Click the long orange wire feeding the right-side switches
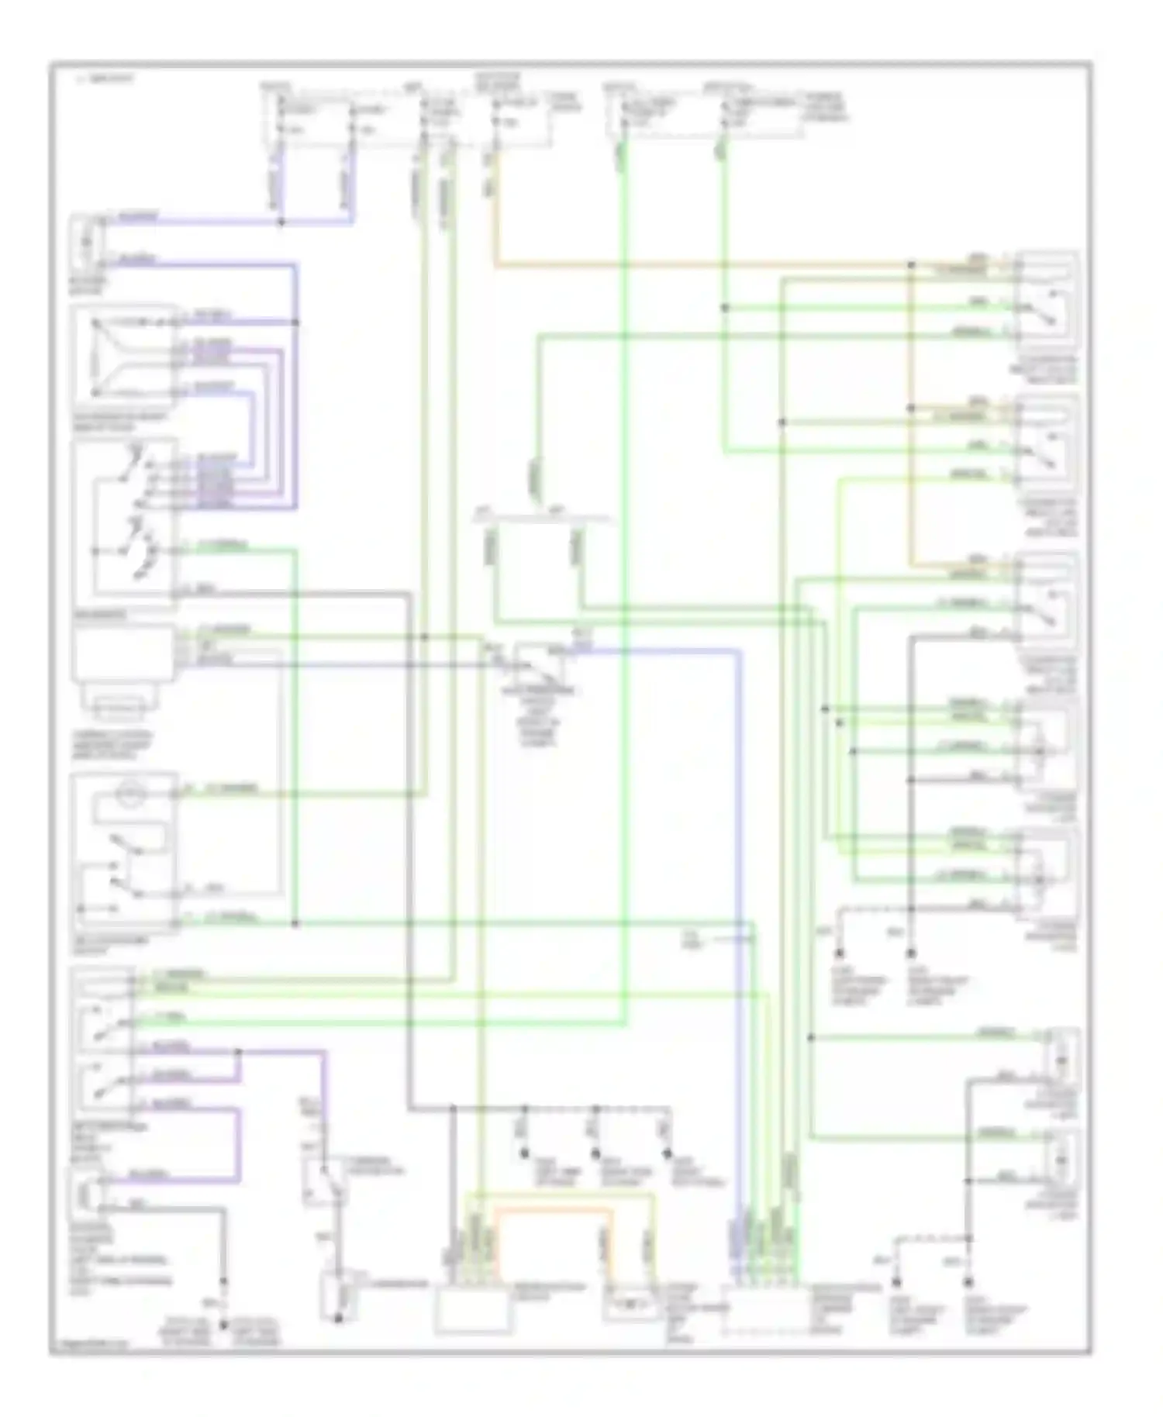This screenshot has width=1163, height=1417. point(698,265)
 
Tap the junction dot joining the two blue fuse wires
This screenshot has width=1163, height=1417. point(281,222)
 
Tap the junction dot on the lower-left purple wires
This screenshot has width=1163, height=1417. point(238,1053)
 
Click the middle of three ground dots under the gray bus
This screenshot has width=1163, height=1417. point(596,1153)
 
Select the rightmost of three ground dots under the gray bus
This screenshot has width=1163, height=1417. point(667,1153)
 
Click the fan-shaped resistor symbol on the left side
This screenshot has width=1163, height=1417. point(120,357)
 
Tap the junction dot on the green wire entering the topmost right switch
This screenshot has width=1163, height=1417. point(726,308)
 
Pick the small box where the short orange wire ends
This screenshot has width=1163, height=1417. point(630,1305)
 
